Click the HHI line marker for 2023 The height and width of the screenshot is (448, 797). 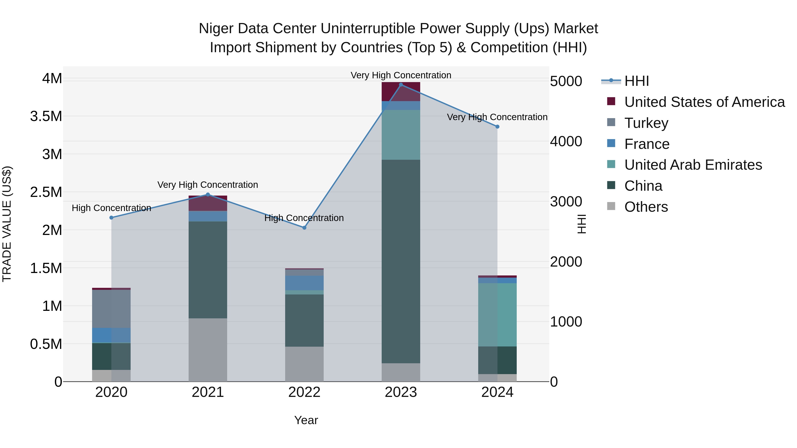point(401,85)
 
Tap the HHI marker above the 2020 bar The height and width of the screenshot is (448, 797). point(111,218)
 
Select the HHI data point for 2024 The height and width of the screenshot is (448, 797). point(497,127)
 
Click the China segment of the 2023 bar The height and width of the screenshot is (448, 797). point(401,261)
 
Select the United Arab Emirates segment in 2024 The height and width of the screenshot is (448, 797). point(497,315)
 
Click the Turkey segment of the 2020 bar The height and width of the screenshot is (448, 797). point(111,309)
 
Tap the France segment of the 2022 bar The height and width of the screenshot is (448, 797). point(304,283)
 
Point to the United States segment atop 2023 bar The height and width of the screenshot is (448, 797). point(401,92)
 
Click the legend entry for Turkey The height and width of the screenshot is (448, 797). point(646,123)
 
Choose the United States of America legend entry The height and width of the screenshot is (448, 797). point(704,102)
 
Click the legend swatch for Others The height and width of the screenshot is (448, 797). point(611,206)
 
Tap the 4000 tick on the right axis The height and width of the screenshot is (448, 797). point(566,142)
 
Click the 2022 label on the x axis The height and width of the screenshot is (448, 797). point(304,392)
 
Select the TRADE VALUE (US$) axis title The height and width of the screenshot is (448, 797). point(7,224)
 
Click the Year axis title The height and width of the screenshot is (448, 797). point(306,420)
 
